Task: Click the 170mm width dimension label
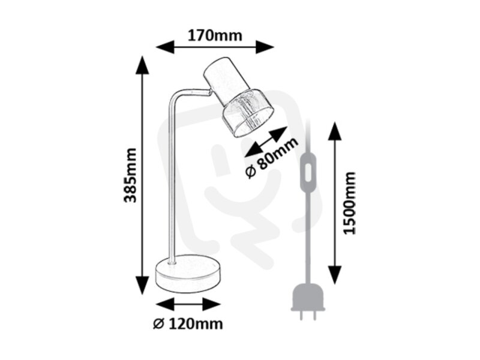coord(215,35)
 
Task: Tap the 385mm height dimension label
coord(130,175)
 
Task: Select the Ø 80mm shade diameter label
coord(272,158)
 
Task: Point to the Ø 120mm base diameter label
coord(188,323)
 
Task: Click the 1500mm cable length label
coord(350,203)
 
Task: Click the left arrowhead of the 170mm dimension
coord(165,47)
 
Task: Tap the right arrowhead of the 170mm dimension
coord(265,47)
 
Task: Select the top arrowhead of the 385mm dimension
coord(142,65)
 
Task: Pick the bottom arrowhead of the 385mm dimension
coord(142,285)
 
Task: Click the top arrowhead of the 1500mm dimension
coord(335,131)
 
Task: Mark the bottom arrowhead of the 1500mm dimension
coord(335,275)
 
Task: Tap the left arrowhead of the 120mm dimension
coord(165,304)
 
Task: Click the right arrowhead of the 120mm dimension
coord(212,304)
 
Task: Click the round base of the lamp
coord(188,274)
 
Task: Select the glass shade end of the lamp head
coord(248,114)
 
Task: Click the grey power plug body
coord(308,297)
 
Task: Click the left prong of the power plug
coord(302,316)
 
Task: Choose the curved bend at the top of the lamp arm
coord(175,95)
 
